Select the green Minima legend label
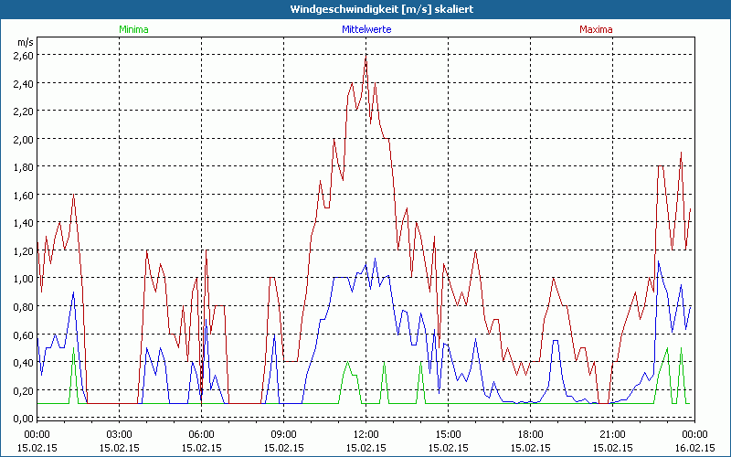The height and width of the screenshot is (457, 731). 133,29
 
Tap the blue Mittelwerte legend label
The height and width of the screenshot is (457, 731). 366,29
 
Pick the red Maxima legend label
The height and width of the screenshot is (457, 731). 597,29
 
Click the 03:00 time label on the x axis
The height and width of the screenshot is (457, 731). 120,434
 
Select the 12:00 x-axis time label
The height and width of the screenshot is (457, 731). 366,434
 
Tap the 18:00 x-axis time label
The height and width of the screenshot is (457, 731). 531,434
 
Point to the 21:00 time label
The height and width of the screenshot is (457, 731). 613,434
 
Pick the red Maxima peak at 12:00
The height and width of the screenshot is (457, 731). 365,57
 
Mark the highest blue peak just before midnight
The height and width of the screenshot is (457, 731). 659,261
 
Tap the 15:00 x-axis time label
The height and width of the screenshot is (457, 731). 449,434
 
